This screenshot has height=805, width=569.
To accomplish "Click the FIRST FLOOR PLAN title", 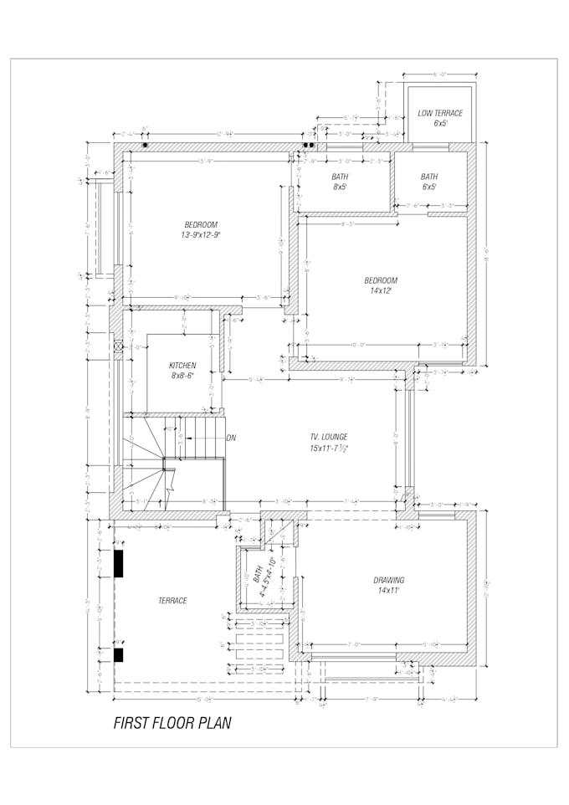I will coord(172,723).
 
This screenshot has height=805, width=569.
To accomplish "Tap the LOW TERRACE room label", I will coord(440,113).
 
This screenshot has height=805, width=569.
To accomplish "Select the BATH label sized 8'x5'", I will coord(340,177).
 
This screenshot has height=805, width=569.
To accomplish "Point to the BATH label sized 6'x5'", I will coord(429,177).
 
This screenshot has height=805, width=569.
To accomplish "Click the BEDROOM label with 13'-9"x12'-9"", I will coord(201,224).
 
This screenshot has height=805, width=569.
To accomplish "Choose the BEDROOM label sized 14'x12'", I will coord(381,280).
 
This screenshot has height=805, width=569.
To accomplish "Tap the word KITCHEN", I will coord(182,366).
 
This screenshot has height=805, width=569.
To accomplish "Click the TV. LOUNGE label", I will coord(328,437).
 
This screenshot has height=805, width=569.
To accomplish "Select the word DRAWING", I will coord(388,580).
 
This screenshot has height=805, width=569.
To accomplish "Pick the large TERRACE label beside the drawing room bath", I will coord(172,601).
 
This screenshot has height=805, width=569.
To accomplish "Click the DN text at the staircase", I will coord(231,438).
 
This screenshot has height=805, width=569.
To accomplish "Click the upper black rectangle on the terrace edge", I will coord(119,563).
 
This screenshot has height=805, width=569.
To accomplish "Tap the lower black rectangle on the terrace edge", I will coord(119,655).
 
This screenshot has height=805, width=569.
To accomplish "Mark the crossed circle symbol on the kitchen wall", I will coord(118,345).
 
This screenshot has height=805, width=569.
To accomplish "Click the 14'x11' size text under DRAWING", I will coord(388,591).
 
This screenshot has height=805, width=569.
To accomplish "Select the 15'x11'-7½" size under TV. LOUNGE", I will coord(328,449).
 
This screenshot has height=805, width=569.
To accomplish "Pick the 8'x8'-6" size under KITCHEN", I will coord(182,377).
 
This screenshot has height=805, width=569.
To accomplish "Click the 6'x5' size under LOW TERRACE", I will coord(440,124).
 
